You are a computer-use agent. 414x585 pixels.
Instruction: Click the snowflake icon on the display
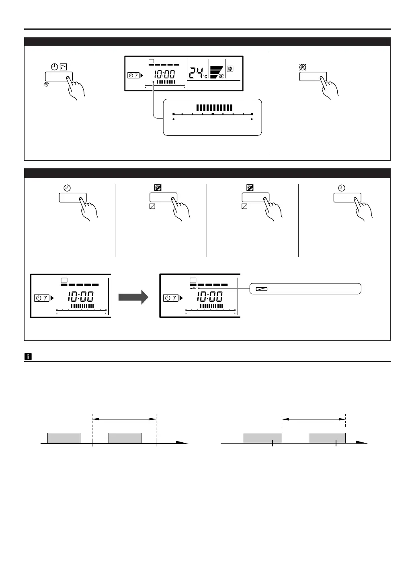230,69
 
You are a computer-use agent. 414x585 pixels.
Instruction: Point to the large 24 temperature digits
197,73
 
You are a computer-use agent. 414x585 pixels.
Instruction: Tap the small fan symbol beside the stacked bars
221,76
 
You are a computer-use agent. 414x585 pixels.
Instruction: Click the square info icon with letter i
28,356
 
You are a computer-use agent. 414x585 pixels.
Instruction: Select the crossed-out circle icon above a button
303,67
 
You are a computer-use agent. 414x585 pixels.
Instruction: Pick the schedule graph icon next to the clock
63,67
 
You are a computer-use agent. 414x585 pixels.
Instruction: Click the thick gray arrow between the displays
133,298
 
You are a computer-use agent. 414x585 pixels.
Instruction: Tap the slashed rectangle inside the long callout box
259,289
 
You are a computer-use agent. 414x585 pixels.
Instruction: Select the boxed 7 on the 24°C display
133,75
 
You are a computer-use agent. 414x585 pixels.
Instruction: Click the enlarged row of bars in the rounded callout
214,108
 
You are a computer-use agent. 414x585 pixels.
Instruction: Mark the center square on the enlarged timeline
212,114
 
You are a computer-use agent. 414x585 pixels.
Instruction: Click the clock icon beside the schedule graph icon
55,67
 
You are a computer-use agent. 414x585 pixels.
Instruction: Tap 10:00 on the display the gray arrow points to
210,297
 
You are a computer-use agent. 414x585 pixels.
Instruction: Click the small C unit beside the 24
205,76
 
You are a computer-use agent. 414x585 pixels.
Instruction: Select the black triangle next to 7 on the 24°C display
141,75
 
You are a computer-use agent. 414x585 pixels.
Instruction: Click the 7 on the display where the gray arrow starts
45,298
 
